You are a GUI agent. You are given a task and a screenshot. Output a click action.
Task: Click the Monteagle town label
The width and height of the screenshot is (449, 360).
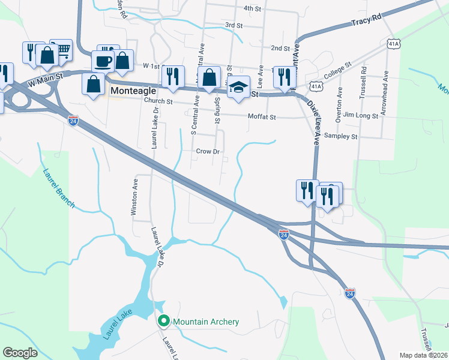pos(135,91)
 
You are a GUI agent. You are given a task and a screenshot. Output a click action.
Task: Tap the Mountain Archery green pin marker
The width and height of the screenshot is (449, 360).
pos(163,322)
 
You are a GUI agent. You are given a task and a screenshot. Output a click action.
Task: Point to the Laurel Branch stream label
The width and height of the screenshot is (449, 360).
pos(58,188)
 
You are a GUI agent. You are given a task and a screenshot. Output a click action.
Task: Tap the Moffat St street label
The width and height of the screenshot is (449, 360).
pos(262,117)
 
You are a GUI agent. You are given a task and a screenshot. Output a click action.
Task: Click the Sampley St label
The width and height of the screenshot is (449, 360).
pos(341,137)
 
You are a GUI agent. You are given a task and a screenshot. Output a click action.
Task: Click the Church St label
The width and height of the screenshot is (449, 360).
pos(158,101)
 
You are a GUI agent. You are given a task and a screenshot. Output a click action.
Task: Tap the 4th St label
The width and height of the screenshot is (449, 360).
pos(252,9)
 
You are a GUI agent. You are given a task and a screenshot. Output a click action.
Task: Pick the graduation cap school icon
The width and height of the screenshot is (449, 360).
pos(238,86)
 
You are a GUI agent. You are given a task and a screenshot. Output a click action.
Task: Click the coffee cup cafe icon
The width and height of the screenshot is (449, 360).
pos(103,60)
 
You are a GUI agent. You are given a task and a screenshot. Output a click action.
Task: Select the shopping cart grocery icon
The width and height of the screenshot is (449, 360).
pos(61,49)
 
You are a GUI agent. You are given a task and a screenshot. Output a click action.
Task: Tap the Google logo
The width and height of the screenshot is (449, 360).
pos(20,353)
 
